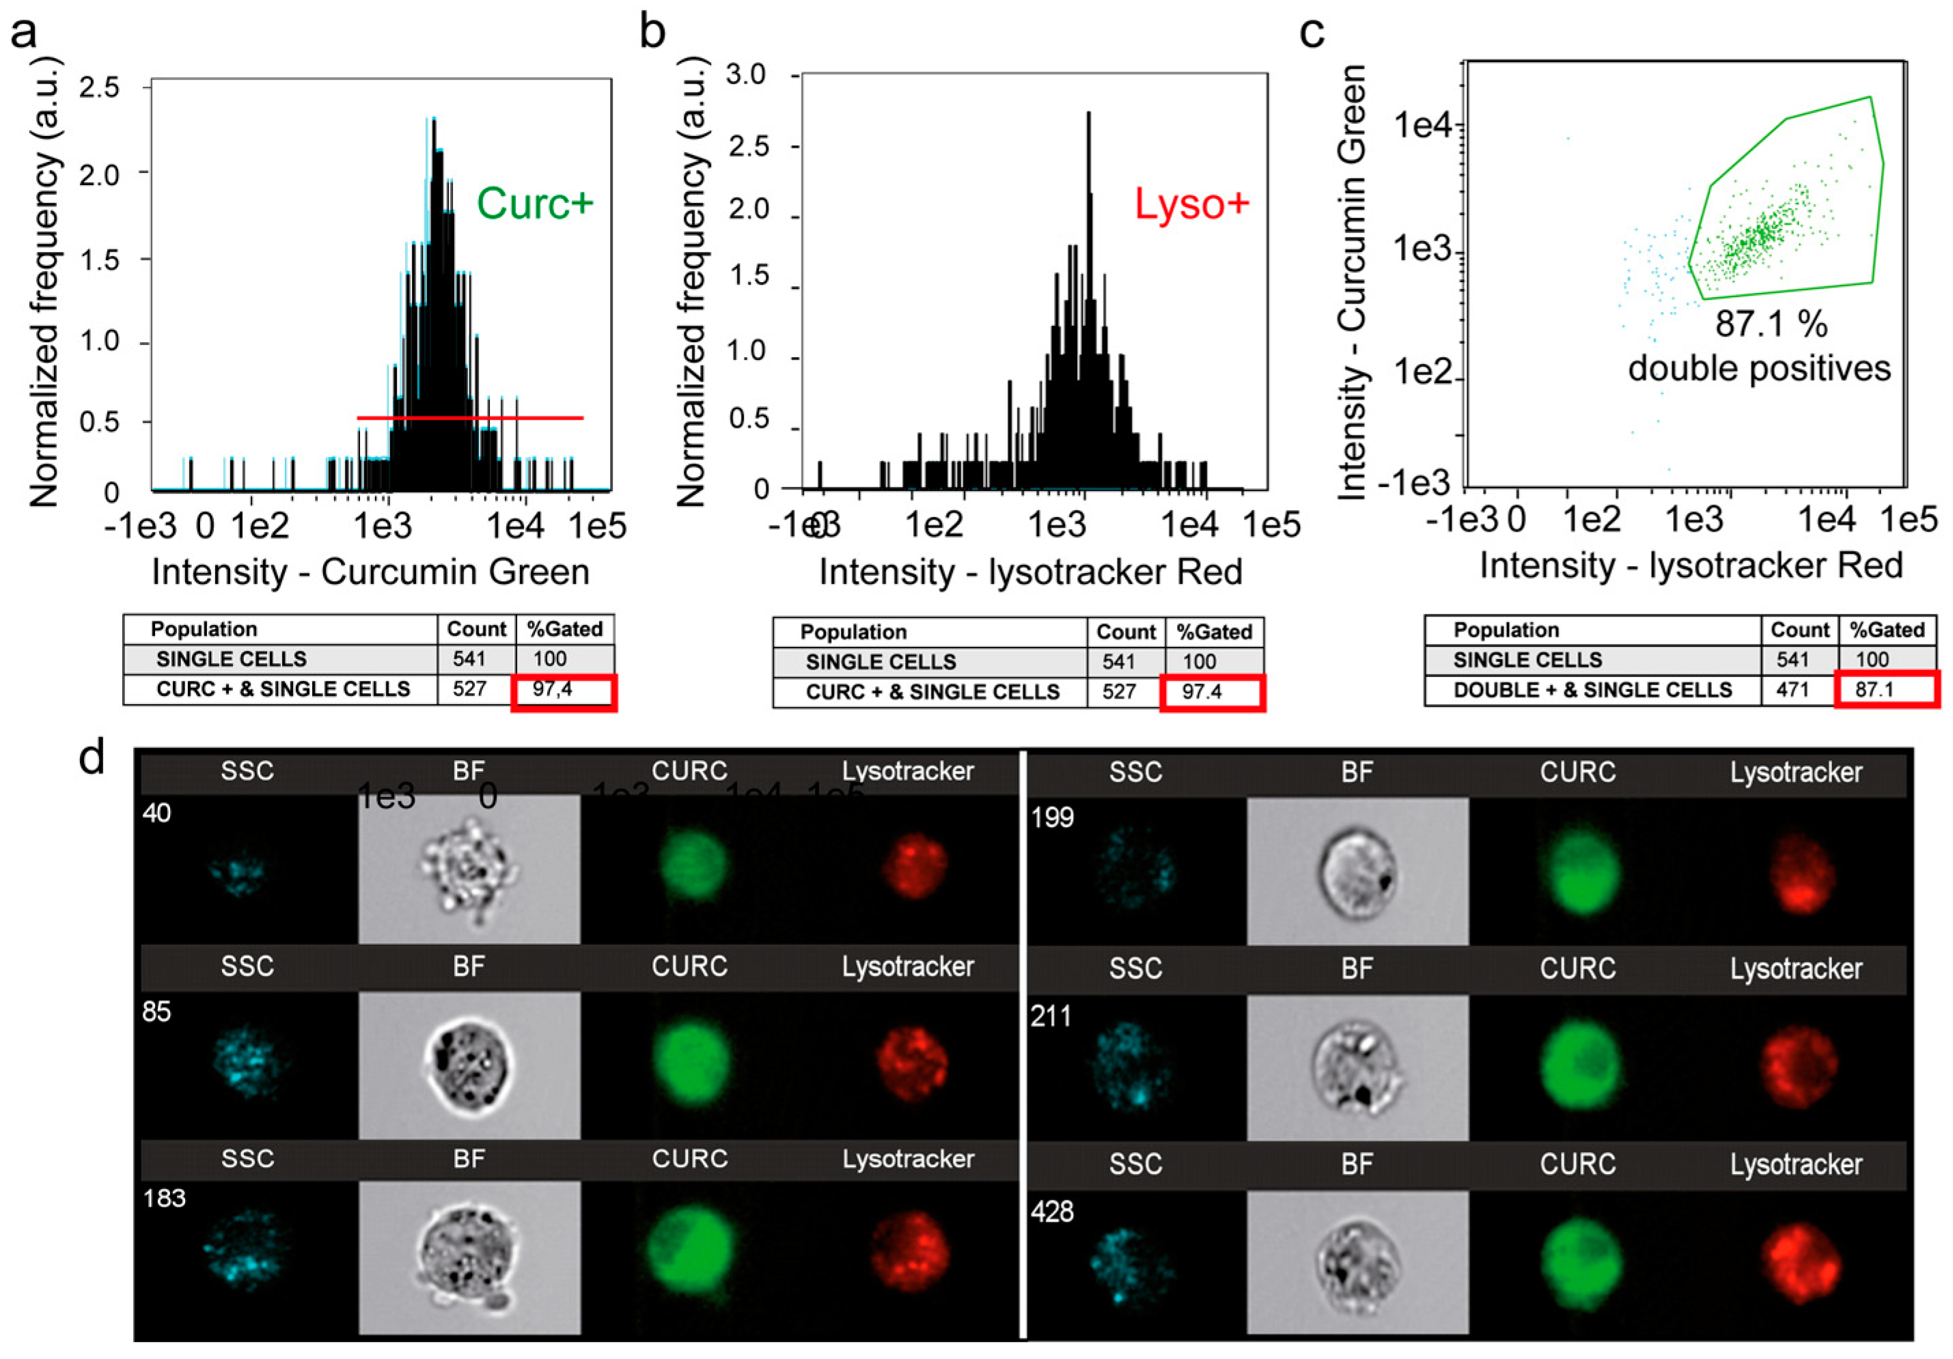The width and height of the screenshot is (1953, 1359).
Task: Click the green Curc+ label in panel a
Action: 534,204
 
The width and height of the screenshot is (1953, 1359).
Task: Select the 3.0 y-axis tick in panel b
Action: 746,75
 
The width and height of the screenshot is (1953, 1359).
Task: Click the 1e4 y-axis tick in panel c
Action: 1422,126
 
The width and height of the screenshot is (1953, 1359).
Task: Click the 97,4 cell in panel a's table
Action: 553,689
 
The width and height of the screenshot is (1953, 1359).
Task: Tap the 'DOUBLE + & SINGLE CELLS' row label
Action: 1592,690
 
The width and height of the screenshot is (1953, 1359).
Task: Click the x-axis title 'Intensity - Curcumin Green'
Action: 370,572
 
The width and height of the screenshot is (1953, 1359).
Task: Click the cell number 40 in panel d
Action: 156,813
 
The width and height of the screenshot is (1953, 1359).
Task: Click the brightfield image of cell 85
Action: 469,1065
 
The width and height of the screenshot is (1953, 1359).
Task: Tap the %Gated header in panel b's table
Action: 1214,632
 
